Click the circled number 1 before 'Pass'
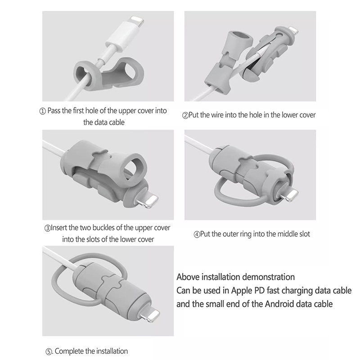(x=43, y=112)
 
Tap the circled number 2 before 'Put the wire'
(x=185, y=115)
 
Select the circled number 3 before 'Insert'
(x=47, y=229)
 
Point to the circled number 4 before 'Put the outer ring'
(x=197, y=234)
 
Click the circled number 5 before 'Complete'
(x=49, y=351)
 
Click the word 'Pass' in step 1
(x=54, y=111)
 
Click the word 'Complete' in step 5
(x=69, y=351)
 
